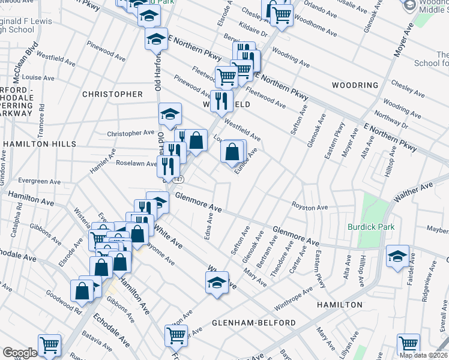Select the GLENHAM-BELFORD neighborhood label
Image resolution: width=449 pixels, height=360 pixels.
[254, 323]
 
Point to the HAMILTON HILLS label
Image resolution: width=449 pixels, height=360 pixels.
[39, 144]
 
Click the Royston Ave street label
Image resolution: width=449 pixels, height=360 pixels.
[309, 208]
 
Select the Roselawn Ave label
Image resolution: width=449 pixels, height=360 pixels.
[137, 163]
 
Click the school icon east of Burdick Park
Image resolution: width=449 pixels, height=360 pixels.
[397, 256]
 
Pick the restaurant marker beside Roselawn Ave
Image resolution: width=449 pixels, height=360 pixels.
[167, 166]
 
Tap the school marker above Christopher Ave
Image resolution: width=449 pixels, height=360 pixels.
[170, 113]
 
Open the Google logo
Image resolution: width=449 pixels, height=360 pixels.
[19, 353]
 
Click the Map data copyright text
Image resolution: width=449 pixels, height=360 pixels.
[424, 355]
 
